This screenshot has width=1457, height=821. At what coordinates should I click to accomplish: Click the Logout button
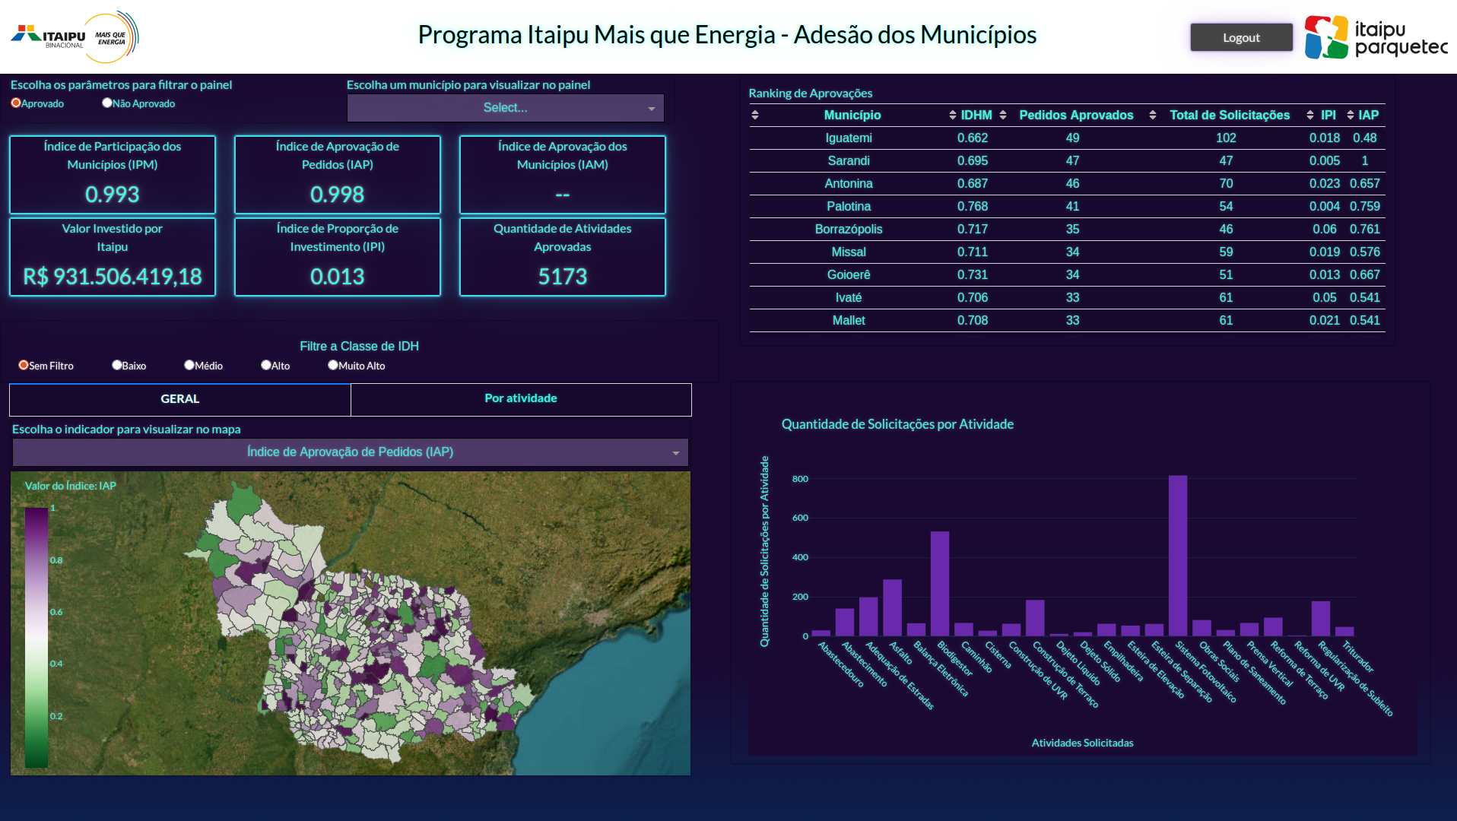(1241, 37)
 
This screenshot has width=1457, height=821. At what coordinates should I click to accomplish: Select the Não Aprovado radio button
(107, 103)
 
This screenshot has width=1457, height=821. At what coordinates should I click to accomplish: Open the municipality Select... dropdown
(505, 108)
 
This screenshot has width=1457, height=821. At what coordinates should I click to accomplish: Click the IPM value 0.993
(112, 195)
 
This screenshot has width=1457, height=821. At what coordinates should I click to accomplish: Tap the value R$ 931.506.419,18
(112, 277)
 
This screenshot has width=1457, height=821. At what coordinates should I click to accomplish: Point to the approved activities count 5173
(562, 277)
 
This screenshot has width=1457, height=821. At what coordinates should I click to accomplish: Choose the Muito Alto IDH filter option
(333, 366)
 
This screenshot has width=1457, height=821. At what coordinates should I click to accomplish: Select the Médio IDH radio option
(189, 366)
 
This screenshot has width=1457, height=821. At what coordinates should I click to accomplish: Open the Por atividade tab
(521, 398)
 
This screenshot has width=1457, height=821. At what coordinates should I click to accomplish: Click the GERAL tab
(179, 398)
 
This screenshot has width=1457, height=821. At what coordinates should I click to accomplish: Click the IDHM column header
(976, 115)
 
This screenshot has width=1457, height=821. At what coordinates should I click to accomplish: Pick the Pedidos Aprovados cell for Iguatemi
(1072, 138)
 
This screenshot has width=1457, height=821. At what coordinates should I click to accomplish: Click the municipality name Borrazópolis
(849, 229)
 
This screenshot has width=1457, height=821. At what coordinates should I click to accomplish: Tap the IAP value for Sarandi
(1364, 160)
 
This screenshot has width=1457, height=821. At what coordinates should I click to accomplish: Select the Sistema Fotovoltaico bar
(1177, 556)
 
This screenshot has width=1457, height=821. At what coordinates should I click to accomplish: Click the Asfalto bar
(892, 607)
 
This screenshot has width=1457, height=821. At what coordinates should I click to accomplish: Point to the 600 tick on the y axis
(800, 518)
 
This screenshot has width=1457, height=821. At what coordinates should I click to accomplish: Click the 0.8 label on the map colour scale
(56, 560)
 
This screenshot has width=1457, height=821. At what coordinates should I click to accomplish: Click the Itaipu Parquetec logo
(1376, 37)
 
